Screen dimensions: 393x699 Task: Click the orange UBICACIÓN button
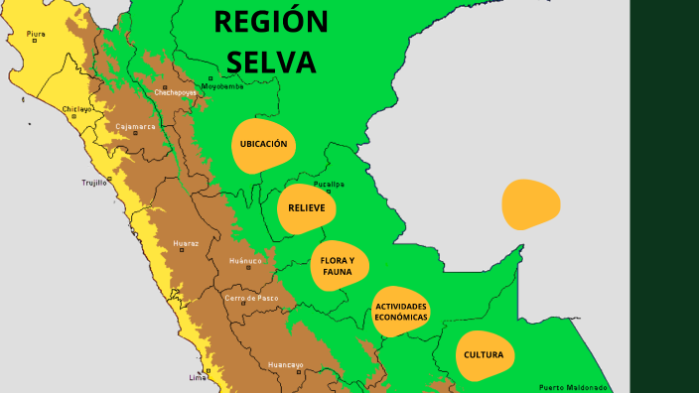[x=263, y=145]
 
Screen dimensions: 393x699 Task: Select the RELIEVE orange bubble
[x=307, y=208]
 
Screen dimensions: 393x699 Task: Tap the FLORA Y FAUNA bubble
[x=339, y=265]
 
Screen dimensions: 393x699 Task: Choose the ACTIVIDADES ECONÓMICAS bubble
[x=401, y=312]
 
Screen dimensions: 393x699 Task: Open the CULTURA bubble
[x=484, y=355]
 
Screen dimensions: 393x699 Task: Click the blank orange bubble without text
[x=531, y=203]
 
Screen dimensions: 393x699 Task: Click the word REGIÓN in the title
[x=271, y=22]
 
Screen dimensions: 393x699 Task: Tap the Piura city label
[x=36, y=34]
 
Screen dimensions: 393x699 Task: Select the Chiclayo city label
[x=76, y=108]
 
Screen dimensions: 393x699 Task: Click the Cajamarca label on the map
[x=135, y=126]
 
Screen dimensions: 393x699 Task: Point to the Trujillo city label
[x=94, y=183]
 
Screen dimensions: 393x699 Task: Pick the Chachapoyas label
[x=177, y=92]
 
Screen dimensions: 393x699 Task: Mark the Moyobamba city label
[x=222, y=86]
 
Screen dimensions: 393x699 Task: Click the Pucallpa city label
[x=329, y=185]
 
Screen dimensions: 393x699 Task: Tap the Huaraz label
[x=186, y=243]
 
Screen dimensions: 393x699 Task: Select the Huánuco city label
[x=245, y=261]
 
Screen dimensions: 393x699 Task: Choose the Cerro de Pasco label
[x=251, y=298]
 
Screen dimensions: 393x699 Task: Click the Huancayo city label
[x=285, y=365]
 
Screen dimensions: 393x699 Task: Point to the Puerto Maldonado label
[x=572, y=387]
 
